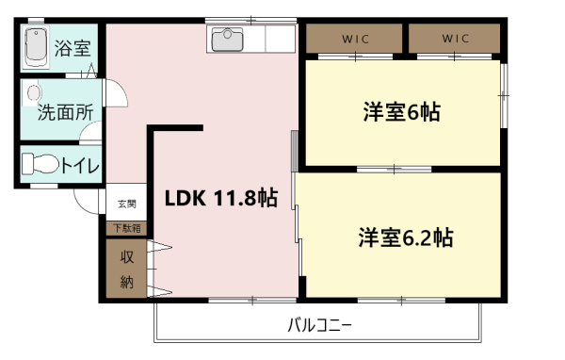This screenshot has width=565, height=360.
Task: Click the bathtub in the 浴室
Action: pos(36,47)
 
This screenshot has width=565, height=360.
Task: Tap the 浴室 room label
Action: pos(73,48)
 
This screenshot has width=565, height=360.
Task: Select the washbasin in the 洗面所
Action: pos(33,93)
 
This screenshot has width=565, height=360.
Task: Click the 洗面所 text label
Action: pos(66,112)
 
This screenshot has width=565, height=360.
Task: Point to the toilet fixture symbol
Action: pos(40,164)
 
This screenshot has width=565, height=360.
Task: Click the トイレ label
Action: pos(80,166)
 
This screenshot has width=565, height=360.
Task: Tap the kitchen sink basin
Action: pos(227,40)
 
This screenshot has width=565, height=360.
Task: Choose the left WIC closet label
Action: pos(355,39)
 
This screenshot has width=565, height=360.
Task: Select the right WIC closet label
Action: pos(456,39)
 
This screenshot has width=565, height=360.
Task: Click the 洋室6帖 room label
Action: pos(402,112)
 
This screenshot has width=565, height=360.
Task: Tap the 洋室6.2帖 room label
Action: pos(406,237)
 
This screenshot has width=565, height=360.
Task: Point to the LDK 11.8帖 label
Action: pos(221,198)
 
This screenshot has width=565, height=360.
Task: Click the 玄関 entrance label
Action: pos(127,204)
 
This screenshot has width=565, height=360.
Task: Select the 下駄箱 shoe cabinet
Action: pos(126,228)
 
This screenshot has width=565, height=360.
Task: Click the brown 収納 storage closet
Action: pos(126,269)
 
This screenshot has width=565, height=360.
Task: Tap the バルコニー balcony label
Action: pos(319,325)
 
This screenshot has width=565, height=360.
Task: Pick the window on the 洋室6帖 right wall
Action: pos(504,95)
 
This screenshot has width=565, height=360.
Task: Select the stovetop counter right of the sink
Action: pos(281,39)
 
